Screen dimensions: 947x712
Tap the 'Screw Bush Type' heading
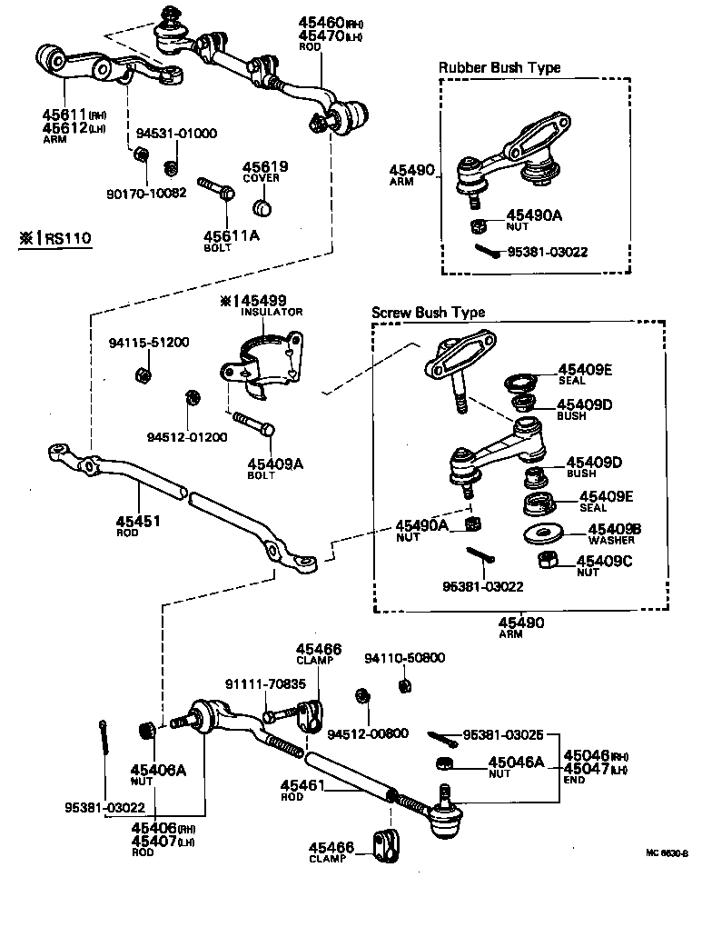click(x=428, y=312)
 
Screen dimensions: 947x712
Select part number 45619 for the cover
click(x=265, y=166)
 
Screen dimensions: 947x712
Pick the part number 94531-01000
click(x=177, y=133)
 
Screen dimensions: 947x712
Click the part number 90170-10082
click(x=145, y=193)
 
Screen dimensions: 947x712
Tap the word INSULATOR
click(x=271, y=312)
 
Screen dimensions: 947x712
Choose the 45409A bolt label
click(x=274, y=464)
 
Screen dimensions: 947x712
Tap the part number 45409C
click(x=604, y=561)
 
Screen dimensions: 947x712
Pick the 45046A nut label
click(x=516, y=763)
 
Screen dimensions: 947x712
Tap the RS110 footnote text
click(x=59, y=239)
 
